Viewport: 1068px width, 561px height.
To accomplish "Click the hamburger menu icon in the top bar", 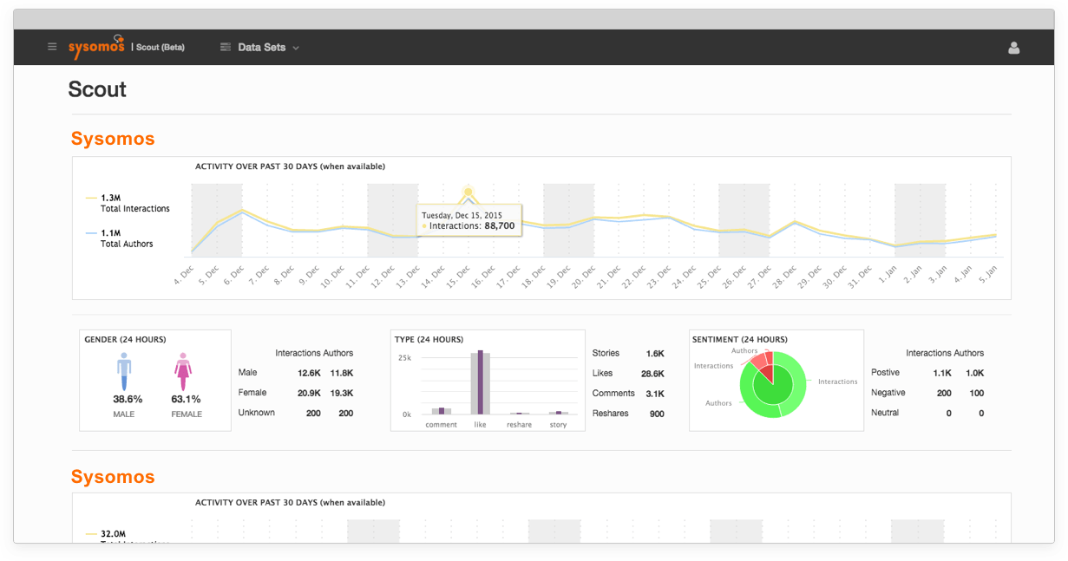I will (x=52, y=47).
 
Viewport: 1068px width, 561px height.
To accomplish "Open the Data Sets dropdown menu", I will (x=260, y=48).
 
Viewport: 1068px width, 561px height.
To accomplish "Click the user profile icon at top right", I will (x=1013, y=48).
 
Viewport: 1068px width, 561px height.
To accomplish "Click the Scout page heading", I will (x=97, y=89).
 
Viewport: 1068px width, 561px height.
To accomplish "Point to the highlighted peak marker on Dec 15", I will (x=468, y=192).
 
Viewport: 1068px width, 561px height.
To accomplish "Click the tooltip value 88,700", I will (x=499, y=225).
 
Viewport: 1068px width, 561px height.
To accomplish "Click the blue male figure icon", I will (x=124, y=371).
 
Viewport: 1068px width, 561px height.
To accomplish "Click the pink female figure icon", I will (x=182, y=371).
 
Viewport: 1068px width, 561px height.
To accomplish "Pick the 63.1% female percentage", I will (x=186, y=400).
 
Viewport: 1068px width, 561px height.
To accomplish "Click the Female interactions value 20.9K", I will (x=308, y=393).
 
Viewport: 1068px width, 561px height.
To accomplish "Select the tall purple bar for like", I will (x=480, y=382).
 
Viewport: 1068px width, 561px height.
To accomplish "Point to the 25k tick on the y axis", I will (x=404, y=357).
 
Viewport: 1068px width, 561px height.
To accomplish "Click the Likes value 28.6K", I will (x=652, y=374).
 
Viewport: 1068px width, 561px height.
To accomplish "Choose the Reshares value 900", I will (x=657, y=414).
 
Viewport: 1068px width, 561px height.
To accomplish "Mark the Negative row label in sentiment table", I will (x=889, y=393).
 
